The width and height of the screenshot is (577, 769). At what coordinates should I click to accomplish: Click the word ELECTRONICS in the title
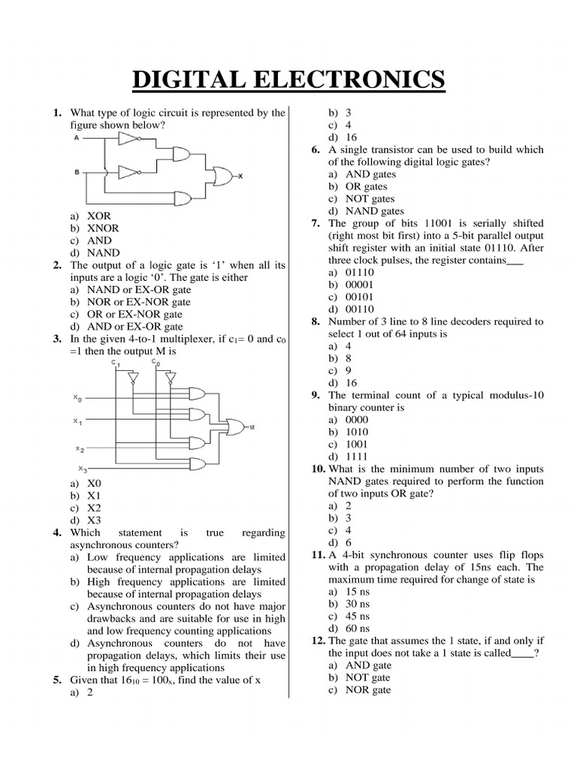[x=357, y=79]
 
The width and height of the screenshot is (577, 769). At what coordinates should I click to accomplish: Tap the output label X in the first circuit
[x=240, y=176]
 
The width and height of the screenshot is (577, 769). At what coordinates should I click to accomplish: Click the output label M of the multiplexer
[x=252, y=427]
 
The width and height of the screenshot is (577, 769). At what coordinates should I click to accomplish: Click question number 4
[x=56, y=532]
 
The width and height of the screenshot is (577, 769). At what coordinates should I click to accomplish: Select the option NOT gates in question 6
[x=370, y=198]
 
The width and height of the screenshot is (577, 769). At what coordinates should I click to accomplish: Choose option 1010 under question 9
[x=358, y=432]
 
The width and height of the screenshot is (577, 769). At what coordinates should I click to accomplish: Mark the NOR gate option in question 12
[x=367, y=689]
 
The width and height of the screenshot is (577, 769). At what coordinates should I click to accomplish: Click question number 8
[x=315, y=321]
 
